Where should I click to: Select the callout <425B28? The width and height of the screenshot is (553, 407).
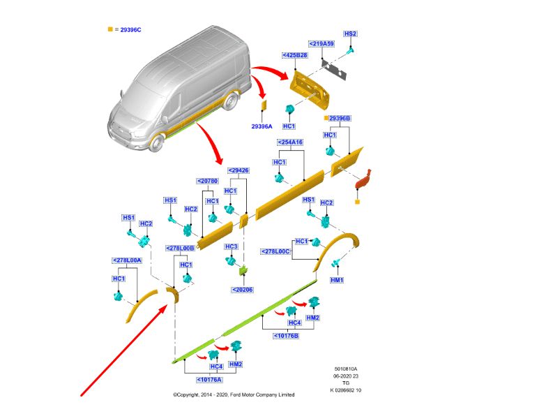point(295,55)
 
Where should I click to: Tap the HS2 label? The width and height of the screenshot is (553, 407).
point(351,34)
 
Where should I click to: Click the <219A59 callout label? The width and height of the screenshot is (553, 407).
point(323,43)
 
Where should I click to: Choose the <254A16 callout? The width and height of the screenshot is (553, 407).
point(289,142)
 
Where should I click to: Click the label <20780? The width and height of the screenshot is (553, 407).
point(208,182)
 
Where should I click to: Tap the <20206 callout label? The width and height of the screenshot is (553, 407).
point(243,289)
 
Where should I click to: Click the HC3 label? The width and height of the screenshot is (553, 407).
point(231,246)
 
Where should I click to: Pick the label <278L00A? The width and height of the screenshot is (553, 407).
point(127,260)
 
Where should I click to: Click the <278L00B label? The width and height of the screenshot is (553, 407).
point(180,248)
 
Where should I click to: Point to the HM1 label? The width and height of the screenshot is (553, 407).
point(338,280)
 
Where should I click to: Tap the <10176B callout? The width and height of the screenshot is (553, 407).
point(286,336)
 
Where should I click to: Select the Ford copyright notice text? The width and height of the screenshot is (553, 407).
point(234,395)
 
